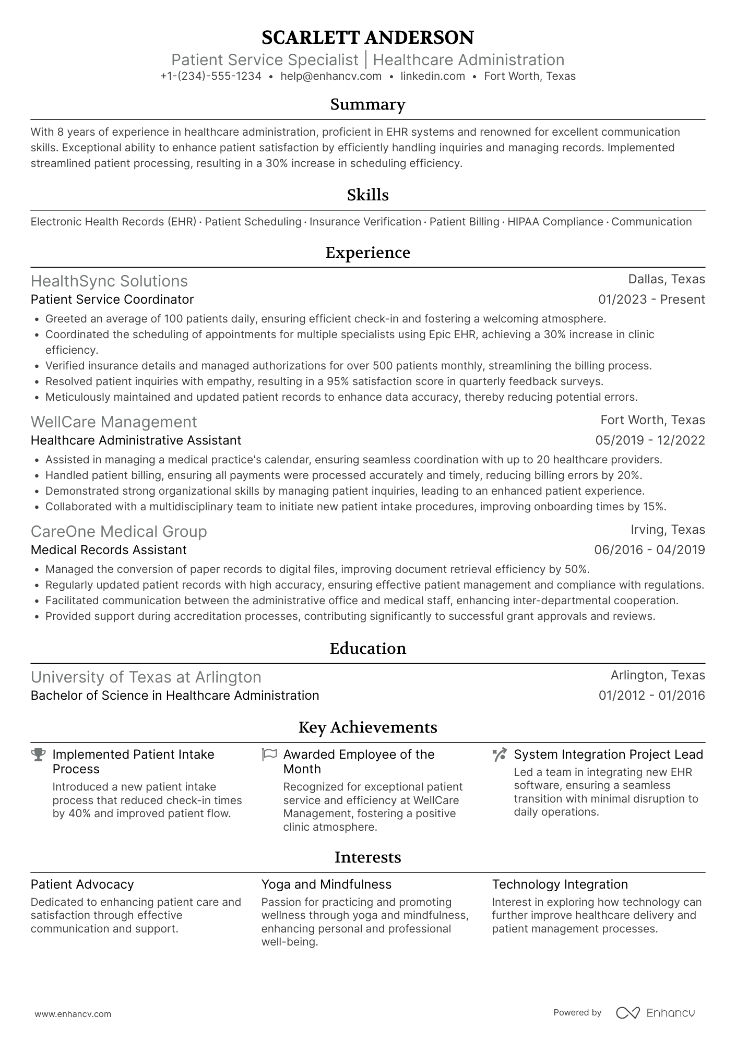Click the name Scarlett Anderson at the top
pyautogui.click(x=367, y=38)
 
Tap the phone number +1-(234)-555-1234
pyautogui.click(x=211, y=76)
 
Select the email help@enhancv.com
pyautogui.click(x=331, y=76)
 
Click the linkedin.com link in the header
pyautogui.click(x=433, y=76)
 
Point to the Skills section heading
pyautogui.click(x=367, y=195)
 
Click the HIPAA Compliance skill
pyautogui.click(x=555, y=222)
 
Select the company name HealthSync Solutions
pyautogui.click(x=109, y=281)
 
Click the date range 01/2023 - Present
pyautogui.click(x=651, y=300)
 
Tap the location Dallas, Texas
pyautogui.click(x=666, y=279)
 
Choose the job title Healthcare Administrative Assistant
pyautogui.click(x=136, y=440)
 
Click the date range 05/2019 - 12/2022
pyautogui.click(x=650, y=440)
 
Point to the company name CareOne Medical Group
pyautogui.click(x=119, y=532)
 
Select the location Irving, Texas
pyautogui.click(x=668, y=530)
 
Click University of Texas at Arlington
pyautogui.click(x=146, y=677)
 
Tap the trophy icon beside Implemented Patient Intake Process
pyautogui.click(x=38, y=755)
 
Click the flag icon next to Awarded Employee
pyautogui.click(x=269, y=755)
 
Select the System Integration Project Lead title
pyautogui.click(x=608, y=755)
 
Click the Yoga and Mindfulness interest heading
pyautogui.click(x=326, y=884)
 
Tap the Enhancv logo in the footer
pyautogui.click(x=656, y=1013)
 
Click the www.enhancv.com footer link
pyautogui.click(x=73, y=1014)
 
